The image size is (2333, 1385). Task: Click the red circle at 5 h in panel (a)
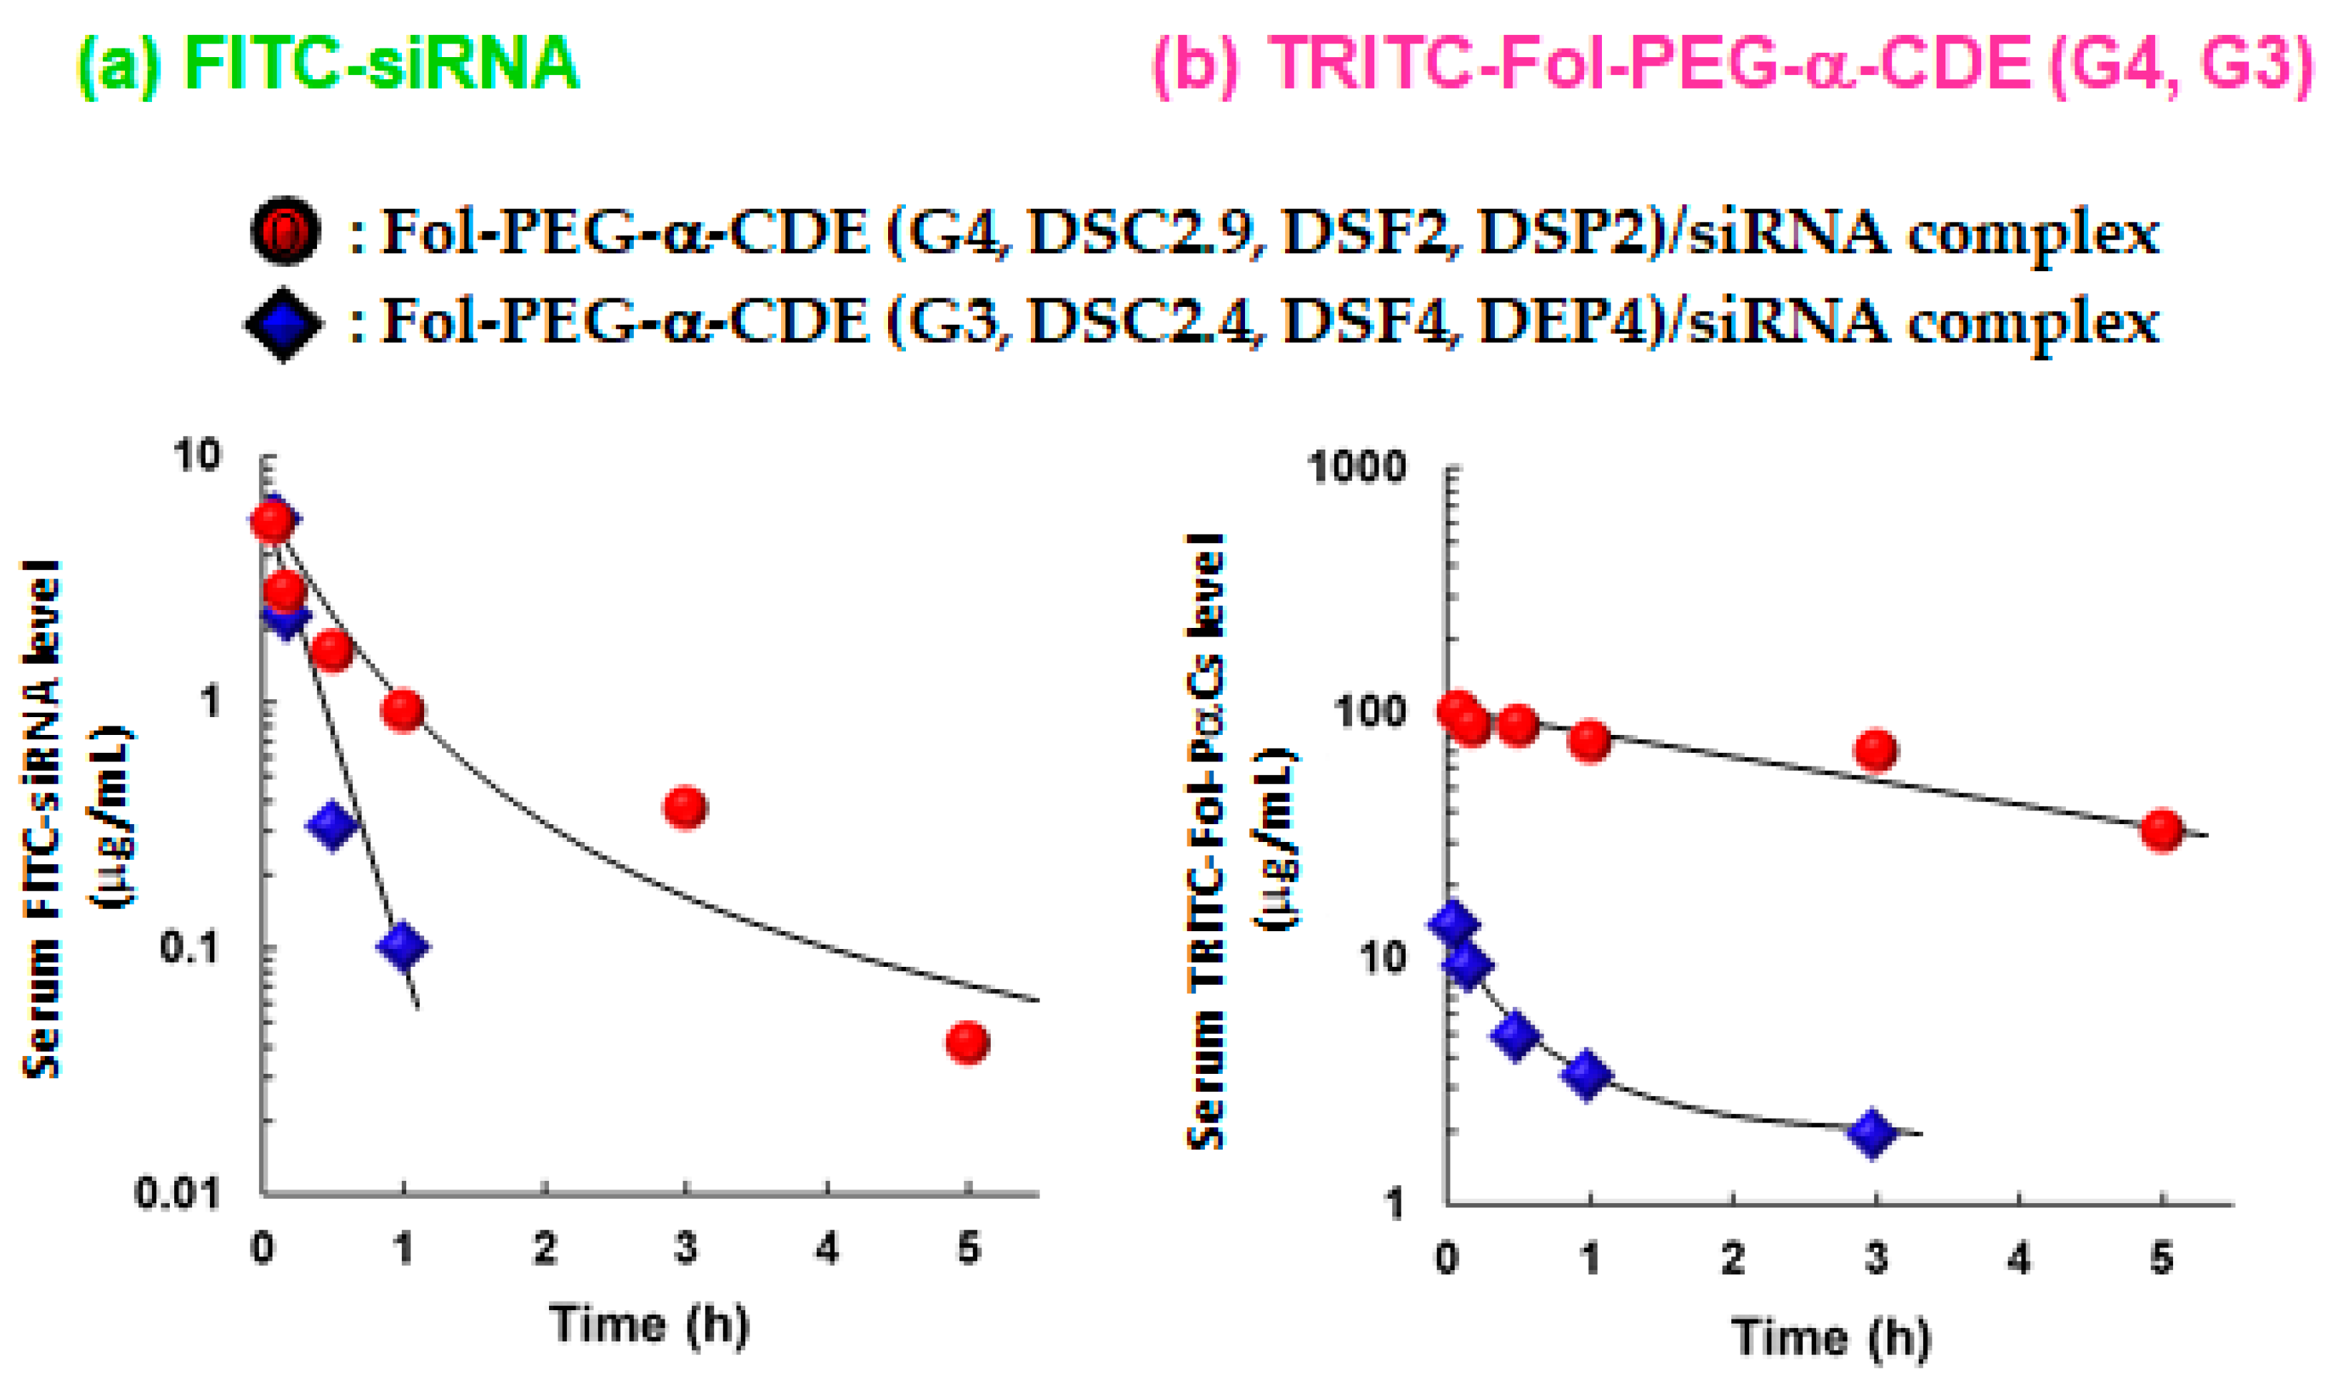[x=967, y=1042]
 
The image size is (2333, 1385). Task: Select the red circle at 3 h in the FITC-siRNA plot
[x=685, y=806]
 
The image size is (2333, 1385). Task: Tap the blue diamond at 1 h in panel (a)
[x=403, y=946]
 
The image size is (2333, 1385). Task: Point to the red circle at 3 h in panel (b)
[x=1875, y=749]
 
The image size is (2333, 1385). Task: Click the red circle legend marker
[x=286, y=230]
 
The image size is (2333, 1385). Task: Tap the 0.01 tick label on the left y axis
[x=177, y=1193]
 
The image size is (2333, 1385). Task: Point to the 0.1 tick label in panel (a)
[x=188, y=948]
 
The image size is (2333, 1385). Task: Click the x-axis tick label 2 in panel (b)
[x=1733, y=1258]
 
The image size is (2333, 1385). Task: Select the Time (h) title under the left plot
[x=650, y=1324]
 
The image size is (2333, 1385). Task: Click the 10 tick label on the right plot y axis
[x=1381, y=958]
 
